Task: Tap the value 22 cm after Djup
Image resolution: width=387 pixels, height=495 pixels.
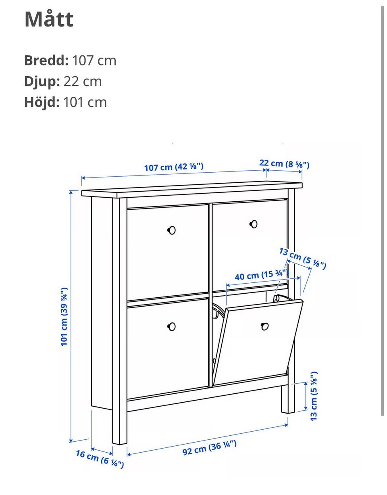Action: coord(83,81)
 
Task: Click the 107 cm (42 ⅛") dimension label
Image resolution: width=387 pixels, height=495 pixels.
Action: coord(174,167)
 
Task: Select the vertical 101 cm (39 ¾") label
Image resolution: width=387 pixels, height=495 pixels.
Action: coord(64,317)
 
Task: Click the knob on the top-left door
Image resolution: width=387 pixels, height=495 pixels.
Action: coord(172,230)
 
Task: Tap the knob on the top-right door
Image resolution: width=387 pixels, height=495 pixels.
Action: coord(254,224)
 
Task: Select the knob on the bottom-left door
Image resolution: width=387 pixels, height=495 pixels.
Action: coord(172,327)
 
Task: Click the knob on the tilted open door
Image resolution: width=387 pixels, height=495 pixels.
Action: coord(264,326)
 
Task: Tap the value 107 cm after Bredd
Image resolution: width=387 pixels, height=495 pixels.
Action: coord(94,61)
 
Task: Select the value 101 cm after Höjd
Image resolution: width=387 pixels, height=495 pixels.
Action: coord(85,102)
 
